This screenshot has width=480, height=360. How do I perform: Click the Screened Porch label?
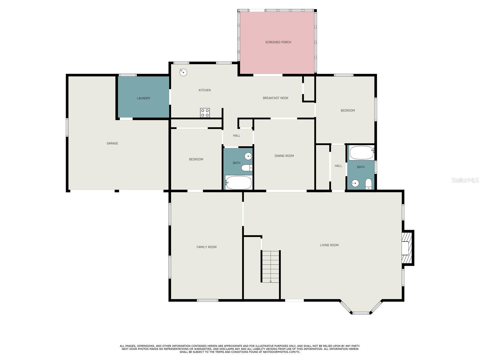click(x=278, y=42)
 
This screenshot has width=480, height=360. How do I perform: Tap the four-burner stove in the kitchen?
click(x=205, y=113)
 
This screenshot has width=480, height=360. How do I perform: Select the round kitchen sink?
click(x=183, y=72)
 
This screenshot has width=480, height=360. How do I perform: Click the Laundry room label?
click(x=143, y=98)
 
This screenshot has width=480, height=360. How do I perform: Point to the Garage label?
click(x=112, y=143)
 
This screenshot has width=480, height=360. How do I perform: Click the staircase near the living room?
click(x=271, y=266)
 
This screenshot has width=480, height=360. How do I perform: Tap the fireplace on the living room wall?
click(x=407, y=248)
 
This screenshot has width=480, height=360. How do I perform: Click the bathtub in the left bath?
click(x=238, y=183)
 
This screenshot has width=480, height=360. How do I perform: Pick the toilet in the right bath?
click(x=368, y=184)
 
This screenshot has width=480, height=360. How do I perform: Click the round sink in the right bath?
click(x=355, y=183)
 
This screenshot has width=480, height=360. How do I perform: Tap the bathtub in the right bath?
click(x=361, y=153)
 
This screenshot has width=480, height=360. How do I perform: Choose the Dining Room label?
click(x=284, y=156)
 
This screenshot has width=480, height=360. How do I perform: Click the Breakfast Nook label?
click(x=275, y=98)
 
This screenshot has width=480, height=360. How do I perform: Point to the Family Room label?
click(x=206, y=247)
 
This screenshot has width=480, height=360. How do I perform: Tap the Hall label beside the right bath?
click(x=338, y=166)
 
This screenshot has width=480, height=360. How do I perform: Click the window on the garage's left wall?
click(x=67, y=127)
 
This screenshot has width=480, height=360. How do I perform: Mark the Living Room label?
click(x=329, y=245)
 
